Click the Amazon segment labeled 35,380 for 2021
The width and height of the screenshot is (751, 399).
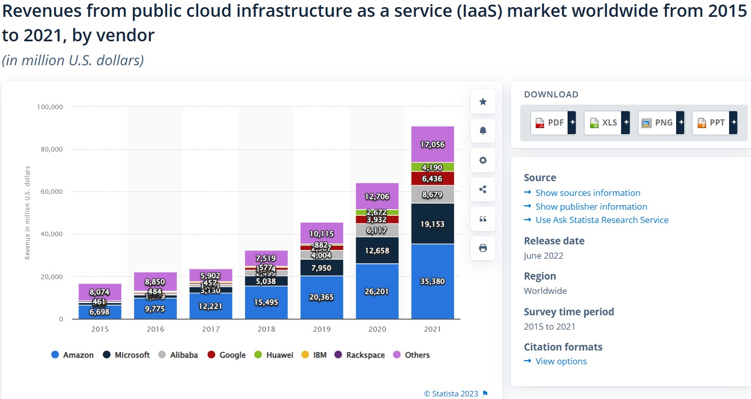tap(433, 281)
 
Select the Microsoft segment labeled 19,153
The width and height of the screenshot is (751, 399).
tap(433, 223)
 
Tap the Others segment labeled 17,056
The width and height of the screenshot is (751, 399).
tap(433, 144)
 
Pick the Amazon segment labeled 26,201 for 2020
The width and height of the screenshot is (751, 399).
tap(377, 291)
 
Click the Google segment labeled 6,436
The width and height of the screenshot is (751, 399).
tap(433, 179)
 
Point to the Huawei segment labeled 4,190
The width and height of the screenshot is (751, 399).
tap(433, 167)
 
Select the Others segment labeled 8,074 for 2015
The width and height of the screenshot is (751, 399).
tap(100, 292)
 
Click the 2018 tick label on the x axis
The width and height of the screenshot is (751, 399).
tap(266, 329)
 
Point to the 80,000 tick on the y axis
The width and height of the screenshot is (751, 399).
tap(50, 149)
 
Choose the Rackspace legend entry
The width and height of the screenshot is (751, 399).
tap(360, 355)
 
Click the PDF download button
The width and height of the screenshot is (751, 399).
tap(553, 122)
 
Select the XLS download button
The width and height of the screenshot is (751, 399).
tap(606, 122)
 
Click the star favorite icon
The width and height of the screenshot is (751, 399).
tap(483, 102)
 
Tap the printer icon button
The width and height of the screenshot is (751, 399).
tap(483, 248)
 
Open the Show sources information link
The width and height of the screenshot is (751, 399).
tap(587, 193)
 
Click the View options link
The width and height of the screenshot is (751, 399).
tap(561, 361)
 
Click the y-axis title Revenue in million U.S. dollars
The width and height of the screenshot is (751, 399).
tap(28, 213)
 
